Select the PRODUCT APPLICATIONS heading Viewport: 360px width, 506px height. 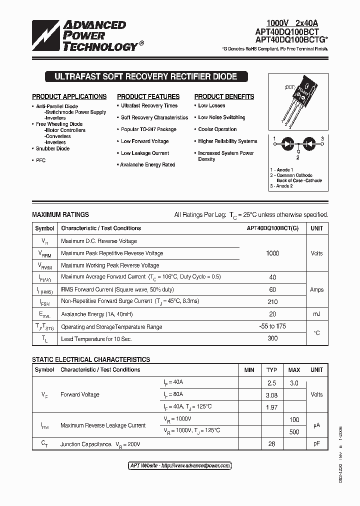[x=69, y=96]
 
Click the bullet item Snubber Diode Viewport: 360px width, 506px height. [x=52, y=148]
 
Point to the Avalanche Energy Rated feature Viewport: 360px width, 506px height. [x=147, y=165]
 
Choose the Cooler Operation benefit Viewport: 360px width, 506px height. [x=217, y=129]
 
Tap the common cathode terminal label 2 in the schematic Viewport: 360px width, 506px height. [x=297, y=157]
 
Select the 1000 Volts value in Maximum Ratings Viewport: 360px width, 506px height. [x=272, y=253]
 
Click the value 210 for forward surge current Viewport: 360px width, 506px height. [x=272, y=301]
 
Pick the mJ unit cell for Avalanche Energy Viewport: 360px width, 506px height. [x=316, y=314]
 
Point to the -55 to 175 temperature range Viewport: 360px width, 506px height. [x=272, y=326]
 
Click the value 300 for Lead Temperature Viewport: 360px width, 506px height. [x=272, y=338]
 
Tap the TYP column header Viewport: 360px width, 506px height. [x=271, y=370]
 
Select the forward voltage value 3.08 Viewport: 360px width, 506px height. [x=271, y=395]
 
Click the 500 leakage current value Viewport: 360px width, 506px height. [x=294, y=431]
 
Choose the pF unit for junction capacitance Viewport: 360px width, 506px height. [x=316, y=444]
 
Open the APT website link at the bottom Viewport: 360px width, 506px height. [x=180, y=465]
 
